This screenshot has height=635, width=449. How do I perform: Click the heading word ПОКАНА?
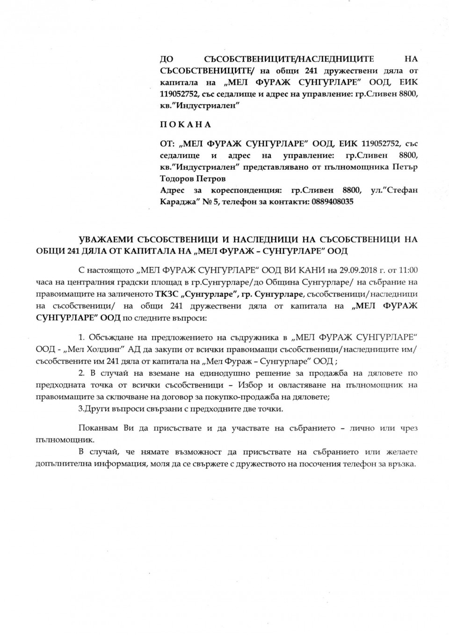click(186, 124)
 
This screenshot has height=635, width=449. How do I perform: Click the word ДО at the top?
click(167, 59)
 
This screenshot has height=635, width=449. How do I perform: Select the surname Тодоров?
click(176, 179)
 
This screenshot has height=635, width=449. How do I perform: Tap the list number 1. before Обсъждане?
click(81, 337)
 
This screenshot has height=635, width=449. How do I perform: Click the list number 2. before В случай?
click(81, 373)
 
